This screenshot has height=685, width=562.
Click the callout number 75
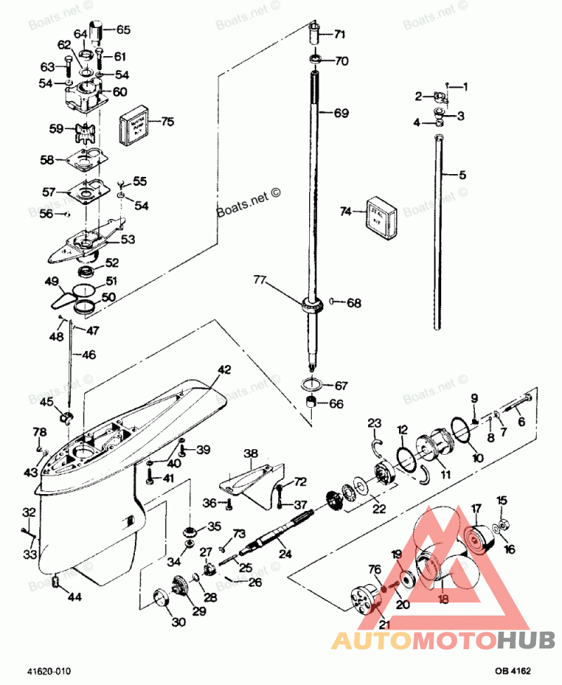point(166,121)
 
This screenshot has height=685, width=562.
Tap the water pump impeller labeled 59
point(86,133)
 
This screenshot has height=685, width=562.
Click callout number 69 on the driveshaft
point(341,112)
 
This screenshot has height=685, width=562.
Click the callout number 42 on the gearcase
point(223,368)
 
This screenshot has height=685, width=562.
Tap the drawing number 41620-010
point(49,671)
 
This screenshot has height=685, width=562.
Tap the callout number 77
point(261,281)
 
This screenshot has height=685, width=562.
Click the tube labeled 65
point(103,32)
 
